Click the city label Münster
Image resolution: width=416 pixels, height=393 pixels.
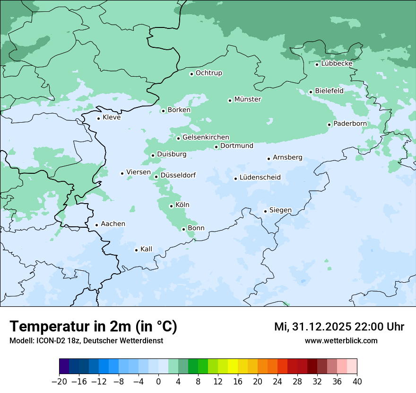(x=248, y=99)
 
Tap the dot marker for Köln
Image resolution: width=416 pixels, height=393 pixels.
(x=171, y=206)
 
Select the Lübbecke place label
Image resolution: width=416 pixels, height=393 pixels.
(x=337, y=63)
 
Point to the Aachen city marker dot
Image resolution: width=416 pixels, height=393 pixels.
(x=96, y=225)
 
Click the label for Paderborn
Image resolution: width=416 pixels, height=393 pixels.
(x=350, y=124)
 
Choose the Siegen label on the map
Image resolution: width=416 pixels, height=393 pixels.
(x=280, y=210)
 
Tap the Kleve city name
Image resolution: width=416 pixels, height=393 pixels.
(x=112, y=117)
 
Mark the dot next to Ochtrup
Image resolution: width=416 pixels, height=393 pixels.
(x=191, y=74)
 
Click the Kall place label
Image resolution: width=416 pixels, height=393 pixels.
(x=146, y=249)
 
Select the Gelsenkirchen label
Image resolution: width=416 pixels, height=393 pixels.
(x=206, y=137)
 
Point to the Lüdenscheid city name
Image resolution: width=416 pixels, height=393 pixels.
(x=260, y=178)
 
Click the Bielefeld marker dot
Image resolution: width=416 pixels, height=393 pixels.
(x=311, y=92)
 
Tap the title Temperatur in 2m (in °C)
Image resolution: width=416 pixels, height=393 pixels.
(x=93, y=327)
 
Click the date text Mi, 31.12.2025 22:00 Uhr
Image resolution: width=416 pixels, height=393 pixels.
(x=339, y=327)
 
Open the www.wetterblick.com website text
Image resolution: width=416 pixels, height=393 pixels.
(x=341, y=340)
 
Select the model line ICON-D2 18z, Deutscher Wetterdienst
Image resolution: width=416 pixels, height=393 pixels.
(x=86, y=340)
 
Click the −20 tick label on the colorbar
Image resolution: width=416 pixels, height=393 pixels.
(x=59, y=382)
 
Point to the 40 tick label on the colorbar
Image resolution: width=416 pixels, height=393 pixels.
(x=357, y=382)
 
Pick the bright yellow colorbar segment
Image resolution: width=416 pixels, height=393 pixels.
(x=233, y=366)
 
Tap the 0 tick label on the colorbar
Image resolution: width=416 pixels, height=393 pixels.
(x=158, y=382)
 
